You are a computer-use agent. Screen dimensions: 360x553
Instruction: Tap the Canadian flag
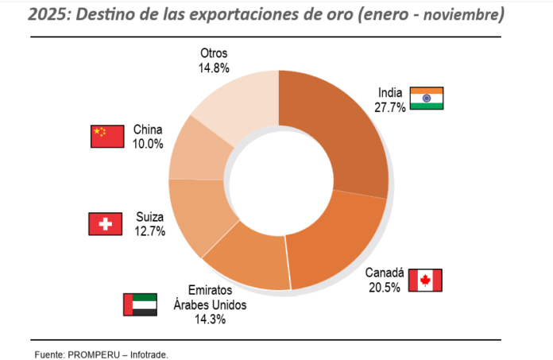(x=425, y=280)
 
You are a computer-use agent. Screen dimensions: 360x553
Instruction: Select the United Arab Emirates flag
(x=139, y=304)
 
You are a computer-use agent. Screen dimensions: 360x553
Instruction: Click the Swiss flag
(x=105, y=224)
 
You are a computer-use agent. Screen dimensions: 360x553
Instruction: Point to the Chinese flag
(x=107, y=137)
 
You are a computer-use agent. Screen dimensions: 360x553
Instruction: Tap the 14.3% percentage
(x=211, y=319)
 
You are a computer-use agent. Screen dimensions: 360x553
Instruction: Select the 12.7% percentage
(x=149, y=232)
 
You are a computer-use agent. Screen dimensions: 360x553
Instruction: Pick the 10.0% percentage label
(x=148, y=144)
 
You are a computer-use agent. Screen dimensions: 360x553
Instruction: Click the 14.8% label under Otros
(x=214, y=68)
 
